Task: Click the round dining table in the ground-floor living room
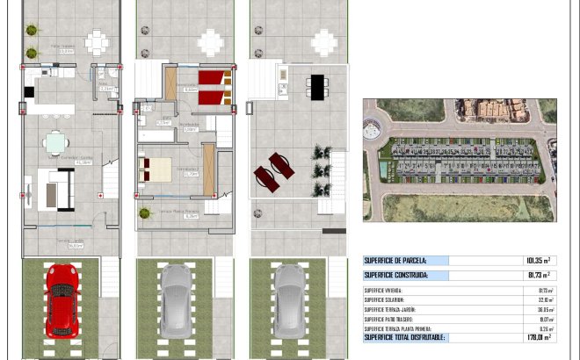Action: coord(56,141)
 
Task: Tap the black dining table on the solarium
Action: coord(317,86)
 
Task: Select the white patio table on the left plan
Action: coord(97,41)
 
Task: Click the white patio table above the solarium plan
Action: coord(324,41)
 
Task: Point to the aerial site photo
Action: coord(460,160)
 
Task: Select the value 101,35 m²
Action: coord(538,261)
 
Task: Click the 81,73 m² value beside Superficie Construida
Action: coord(538,276)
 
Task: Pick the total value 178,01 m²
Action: coord(538,337)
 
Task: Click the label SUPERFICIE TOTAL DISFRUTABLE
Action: coord(405,337)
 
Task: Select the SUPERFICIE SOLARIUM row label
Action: coord(384,299)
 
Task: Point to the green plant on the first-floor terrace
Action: coord(144,212)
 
